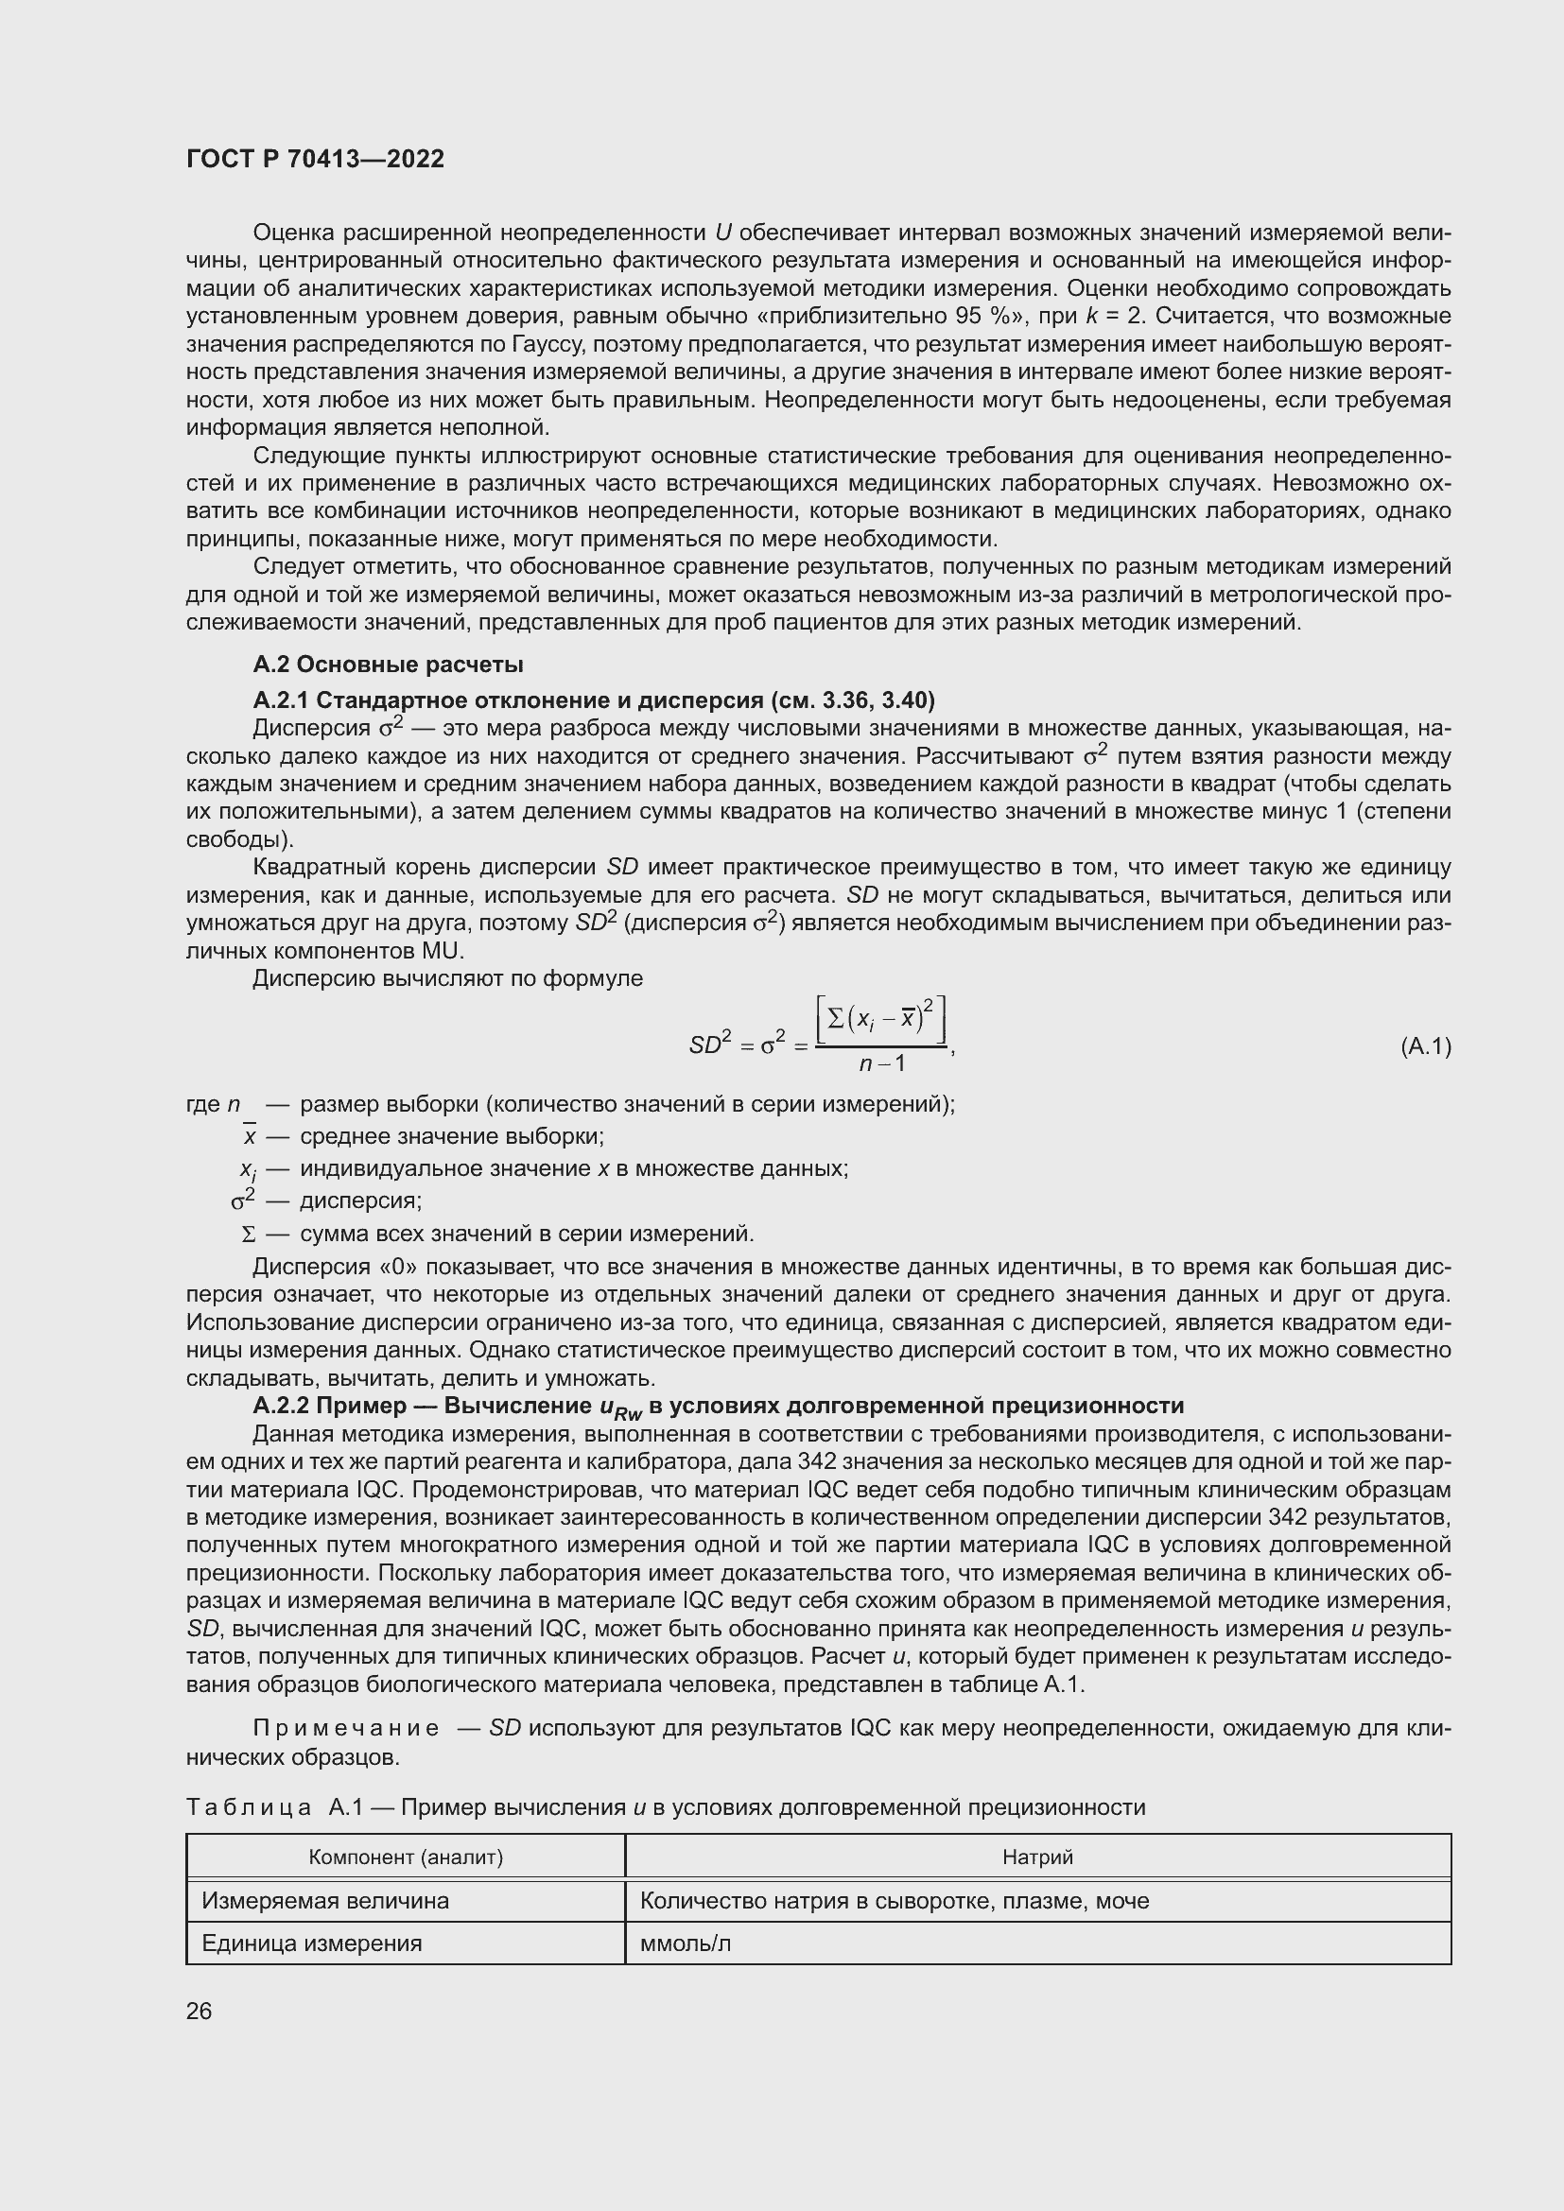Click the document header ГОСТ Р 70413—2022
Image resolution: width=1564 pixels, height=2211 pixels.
[315, 160]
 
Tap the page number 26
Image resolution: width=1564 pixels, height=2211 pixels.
[199, 2011]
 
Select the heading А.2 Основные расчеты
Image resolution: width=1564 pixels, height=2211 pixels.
[387, 665]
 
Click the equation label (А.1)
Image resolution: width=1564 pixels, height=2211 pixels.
[1424, 1045]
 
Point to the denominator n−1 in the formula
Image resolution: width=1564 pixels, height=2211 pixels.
[881, 1064]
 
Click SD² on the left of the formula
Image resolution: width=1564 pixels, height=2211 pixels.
[711, 1044]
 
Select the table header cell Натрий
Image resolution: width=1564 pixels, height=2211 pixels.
[1037, 1857]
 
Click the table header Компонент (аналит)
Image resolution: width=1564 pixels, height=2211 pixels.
[406, 1857]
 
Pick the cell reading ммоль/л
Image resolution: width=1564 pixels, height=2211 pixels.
[686, 1943]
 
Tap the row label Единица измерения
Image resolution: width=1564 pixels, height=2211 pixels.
[311, 1943]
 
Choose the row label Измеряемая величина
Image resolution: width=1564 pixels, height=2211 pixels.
[324, 1901]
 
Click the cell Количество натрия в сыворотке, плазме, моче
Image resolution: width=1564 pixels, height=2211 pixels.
[894, 1901]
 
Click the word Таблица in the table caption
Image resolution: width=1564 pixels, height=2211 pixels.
[249, 1807]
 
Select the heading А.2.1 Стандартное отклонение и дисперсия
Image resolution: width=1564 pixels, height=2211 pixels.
[593, 699]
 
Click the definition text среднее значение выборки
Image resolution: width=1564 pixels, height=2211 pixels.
[452, 1136]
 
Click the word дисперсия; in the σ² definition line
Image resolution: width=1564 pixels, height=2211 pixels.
[361, 1201]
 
